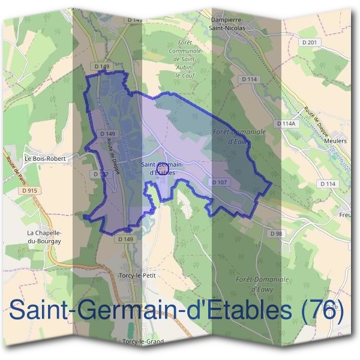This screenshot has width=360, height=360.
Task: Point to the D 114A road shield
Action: tap(287, 123)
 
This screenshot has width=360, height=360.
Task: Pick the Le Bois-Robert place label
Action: tap(44, 158)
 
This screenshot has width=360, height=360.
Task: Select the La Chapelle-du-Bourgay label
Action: tap(44, 236)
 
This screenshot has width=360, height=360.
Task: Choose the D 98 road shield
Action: tap(276, 233)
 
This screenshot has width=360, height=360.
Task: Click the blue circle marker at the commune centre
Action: tap(161, 175)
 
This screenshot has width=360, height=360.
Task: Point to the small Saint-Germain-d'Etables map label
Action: tap(162, 167)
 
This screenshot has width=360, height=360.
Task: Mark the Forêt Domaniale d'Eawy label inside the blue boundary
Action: tap(230, 135)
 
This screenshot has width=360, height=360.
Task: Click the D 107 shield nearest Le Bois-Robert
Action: tap(100, 173)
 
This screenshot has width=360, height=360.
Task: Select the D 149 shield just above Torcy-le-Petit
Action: tap(125, 238)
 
